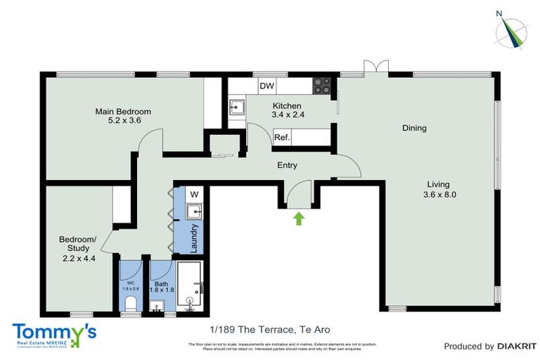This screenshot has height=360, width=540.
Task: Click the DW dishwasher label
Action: click(x=266, y=86)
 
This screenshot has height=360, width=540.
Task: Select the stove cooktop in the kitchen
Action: click(x=322, y=85)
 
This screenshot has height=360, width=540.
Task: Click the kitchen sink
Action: click(x=236, y=107)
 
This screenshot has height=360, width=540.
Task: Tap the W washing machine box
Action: click(x=194, y=194)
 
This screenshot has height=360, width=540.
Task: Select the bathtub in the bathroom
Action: click(x=189, y=286)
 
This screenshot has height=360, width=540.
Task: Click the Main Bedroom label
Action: click(x=124, y=111)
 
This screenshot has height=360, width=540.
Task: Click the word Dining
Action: click(x=414, y=128)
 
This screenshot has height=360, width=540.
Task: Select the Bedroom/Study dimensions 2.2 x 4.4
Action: click(x=79, y=258)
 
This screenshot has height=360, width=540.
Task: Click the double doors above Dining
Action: click(x=375, y=67)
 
